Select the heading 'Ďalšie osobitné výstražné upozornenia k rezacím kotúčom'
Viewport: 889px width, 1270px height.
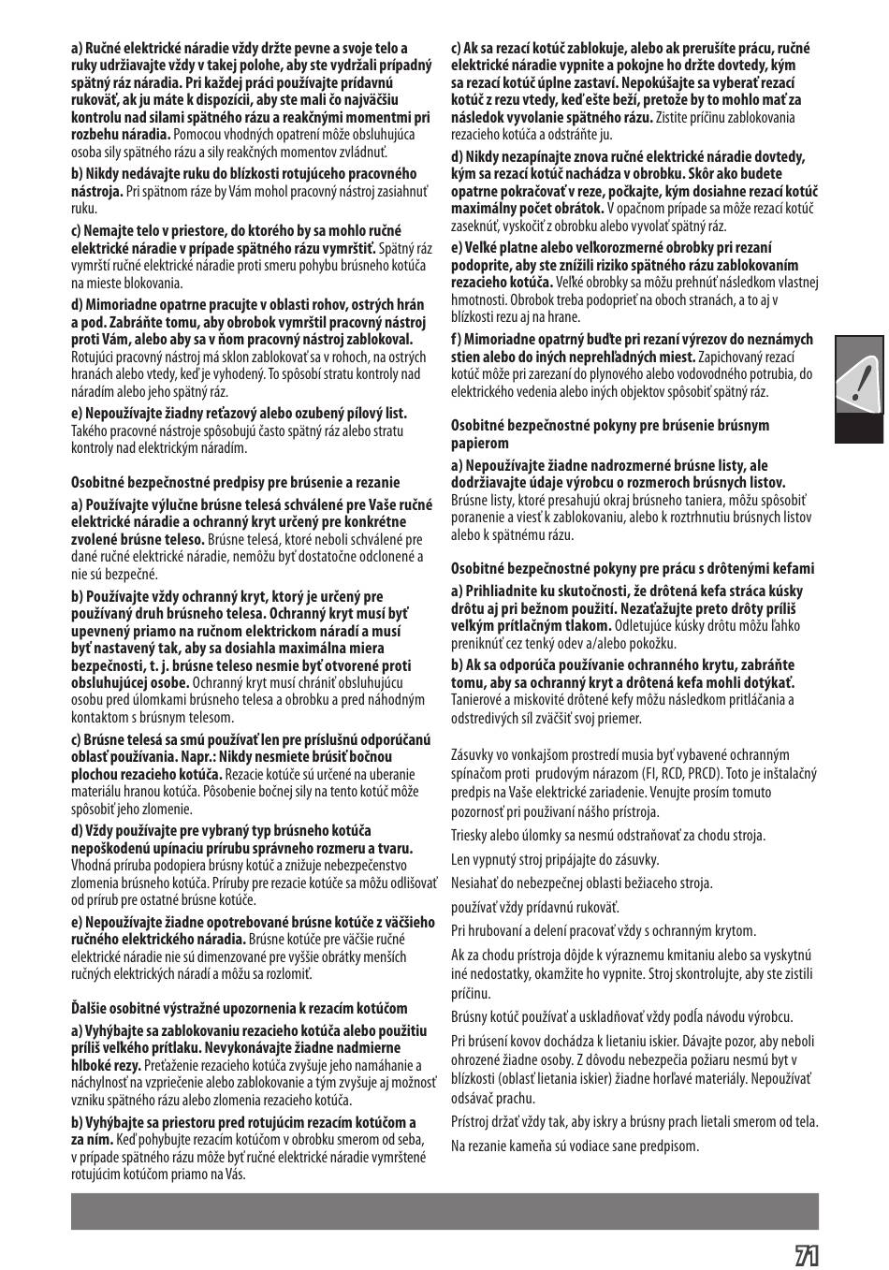coord(240,1008)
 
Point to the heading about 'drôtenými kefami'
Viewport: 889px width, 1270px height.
coord(633,568)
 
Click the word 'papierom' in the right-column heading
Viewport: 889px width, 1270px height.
coord(480,443)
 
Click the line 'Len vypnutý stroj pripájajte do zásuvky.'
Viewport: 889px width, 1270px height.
coord(555,859)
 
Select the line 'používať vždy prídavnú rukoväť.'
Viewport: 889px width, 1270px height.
coord(535,907)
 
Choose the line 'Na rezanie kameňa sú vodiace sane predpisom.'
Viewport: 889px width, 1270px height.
coord(575,1146)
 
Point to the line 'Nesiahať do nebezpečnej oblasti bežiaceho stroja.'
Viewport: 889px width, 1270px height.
coord(581,883)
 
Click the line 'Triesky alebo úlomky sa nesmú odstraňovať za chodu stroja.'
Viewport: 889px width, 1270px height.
coord(608,836)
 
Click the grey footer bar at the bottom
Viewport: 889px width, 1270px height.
coord(444,1211)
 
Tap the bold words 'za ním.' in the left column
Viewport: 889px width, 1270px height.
coord(92,1139)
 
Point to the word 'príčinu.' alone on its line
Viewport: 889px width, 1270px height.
coord(471,993)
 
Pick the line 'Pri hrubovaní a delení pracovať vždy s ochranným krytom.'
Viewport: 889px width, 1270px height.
coord(604,930)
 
